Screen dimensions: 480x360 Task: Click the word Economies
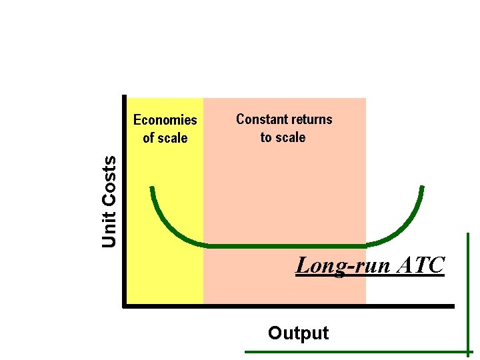[165, 120]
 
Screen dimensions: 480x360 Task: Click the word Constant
[259, 119]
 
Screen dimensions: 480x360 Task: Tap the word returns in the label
[309, 119]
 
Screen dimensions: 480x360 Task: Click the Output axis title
[298, 333]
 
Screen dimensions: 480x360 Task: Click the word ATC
[420, 265]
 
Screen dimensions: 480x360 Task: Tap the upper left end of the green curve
[153, 188]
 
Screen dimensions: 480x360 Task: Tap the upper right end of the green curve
[422, 187]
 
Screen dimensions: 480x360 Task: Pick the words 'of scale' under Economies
[165, 138]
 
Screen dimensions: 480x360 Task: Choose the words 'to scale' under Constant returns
[283, 137]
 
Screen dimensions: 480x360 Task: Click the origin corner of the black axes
[125, 306]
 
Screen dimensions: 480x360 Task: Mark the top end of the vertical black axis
[125, 97]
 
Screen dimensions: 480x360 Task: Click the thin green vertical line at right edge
[469, 293]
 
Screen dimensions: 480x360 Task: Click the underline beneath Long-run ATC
[370, 275]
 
